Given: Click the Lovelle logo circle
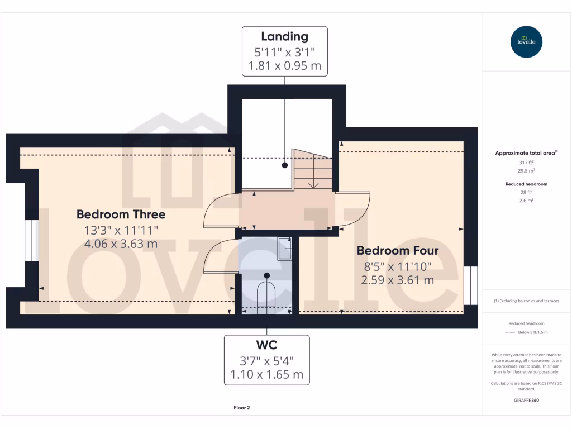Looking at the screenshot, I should click(526, 42).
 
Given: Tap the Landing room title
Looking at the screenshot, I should click(285, 37).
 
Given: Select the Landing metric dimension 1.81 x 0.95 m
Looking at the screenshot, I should click(285, 66).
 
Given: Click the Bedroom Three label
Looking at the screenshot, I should click(121, 214).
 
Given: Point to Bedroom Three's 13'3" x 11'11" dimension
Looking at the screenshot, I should click(121, 230).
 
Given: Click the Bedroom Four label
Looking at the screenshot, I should click(398, 250).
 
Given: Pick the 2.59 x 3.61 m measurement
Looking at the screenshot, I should click(398, 280).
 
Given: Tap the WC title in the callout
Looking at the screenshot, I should click(266, 345).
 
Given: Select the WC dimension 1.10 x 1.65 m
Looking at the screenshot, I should click(266, 375).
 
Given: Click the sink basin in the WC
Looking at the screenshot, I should click(285, 249).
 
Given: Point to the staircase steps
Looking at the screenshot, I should click(313, 170).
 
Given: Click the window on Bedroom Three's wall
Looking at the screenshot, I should click(32, 241).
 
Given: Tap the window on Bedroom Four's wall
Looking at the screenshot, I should click(471, 285).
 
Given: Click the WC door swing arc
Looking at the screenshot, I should click(220, 255).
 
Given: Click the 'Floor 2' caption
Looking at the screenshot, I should click(241, 408).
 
